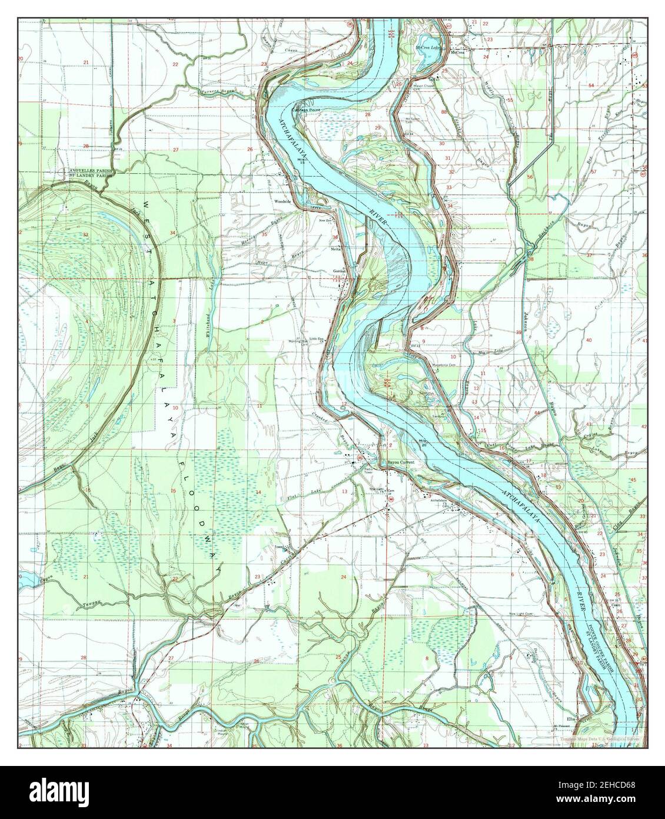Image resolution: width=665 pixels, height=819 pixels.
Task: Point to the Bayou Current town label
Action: click(401, 463)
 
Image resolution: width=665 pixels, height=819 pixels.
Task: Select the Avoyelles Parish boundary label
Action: click(89, 170)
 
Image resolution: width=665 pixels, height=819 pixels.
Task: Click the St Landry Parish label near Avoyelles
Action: click(89, 176)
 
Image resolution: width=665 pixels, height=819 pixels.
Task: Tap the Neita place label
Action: click(336, 249)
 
